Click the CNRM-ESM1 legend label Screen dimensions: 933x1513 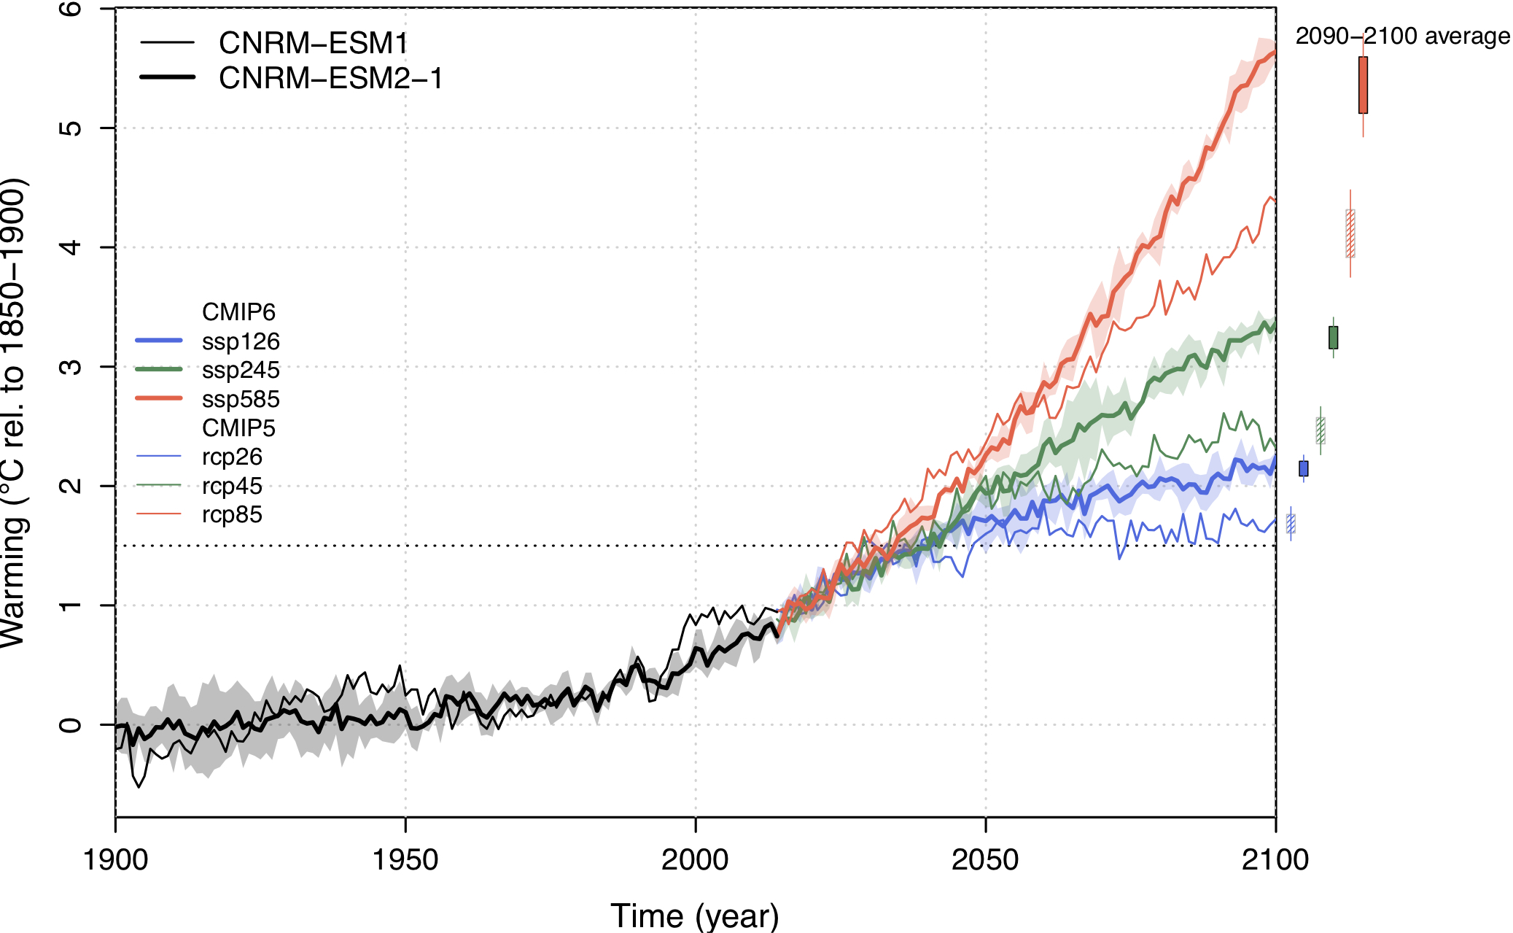313,44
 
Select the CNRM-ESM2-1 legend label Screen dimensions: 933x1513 330,79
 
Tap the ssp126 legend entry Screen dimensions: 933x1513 241,341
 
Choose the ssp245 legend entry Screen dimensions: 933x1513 241,370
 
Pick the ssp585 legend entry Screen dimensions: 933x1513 241,399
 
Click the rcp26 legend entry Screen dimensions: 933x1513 232,457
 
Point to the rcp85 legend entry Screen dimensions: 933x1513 232,514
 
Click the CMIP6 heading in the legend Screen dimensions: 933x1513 238,312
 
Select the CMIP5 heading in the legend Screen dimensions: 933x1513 238,428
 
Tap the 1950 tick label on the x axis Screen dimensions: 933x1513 405,860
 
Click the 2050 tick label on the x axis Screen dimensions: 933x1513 985,860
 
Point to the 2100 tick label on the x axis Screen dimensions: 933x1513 1275,860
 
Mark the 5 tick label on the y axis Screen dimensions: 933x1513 71,128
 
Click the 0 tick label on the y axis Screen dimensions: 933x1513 71,725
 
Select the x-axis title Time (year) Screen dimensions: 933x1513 694,915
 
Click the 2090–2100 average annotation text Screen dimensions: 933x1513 1402,36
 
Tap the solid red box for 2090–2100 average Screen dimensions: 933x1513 1363,85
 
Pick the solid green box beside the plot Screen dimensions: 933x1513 1333,337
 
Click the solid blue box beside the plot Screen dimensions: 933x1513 1303,468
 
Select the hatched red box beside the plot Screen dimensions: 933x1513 1350,233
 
